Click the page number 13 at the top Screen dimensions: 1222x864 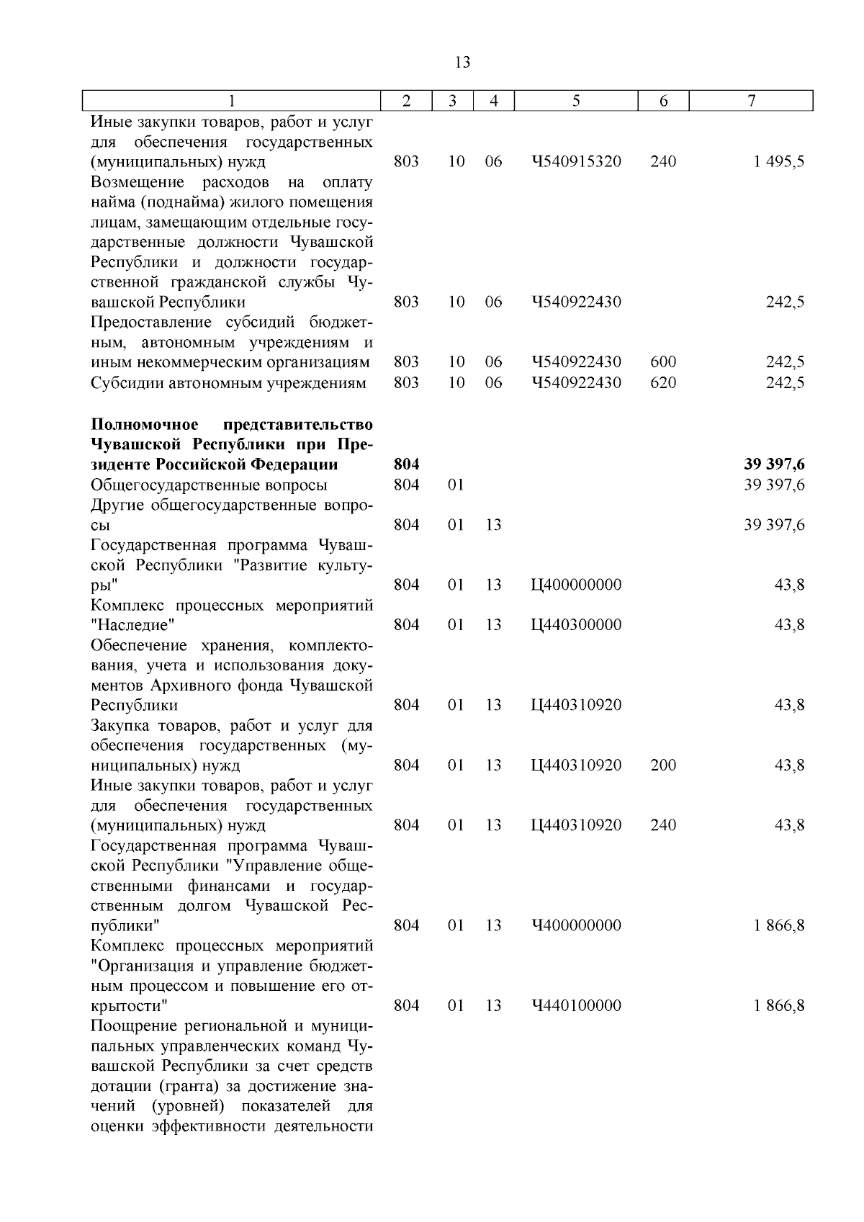[x=463, y=63]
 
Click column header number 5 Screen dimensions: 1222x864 [x=576, y=102]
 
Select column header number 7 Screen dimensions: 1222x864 [x=751, y=102]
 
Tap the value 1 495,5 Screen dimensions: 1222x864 [x=779, y=161]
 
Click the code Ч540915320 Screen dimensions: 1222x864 [x=576, y=161]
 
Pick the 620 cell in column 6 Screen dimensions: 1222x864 [x=663, y=382]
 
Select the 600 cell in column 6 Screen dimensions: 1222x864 [x=663, y=362]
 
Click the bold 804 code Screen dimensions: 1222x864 [x=407, y=465]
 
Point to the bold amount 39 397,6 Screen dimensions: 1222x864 [x=774, y=465]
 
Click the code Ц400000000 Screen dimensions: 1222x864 [x=576, y=585]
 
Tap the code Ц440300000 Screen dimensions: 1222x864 [x=576, y=625]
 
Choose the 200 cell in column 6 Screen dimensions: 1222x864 [x=663, y=765]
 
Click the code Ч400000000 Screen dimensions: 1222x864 [x=576, y=925]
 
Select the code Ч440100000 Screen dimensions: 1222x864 [x=576, y=1005]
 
